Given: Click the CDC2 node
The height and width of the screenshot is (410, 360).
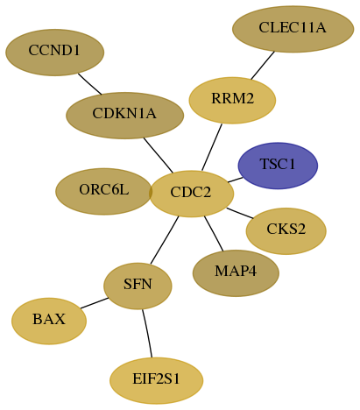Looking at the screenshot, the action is tap(192, 194).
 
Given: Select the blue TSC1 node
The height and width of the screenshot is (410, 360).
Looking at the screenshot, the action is tap(278, 166).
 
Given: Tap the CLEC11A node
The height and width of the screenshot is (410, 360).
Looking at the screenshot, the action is tap(293, 29).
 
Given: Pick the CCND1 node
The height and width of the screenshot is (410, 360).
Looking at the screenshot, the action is tap(54, 53).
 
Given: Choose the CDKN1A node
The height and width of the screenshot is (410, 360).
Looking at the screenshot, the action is tap(124, 116).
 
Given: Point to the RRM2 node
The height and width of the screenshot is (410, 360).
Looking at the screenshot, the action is tap(232, 100).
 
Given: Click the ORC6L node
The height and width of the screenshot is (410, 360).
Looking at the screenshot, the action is tap(103, 191).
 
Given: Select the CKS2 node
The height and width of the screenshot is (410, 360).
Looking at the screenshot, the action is tap(286, 231).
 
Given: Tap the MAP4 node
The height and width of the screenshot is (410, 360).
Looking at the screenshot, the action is tap(236, 273).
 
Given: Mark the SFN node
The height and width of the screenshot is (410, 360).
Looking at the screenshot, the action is tap(138, 286).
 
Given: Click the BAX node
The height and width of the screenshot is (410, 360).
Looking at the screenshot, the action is tap(49, 321).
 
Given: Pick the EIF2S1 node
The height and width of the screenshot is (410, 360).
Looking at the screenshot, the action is tap(156, 380).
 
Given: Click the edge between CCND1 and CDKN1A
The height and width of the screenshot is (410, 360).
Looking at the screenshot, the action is tap(89, 84).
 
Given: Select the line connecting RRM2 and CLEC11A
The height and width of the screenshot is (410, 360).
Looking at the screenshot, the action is tap(263, 65).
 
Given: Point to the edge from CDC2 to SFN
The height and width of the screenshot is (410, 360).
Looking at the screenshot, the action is tap(165, 240).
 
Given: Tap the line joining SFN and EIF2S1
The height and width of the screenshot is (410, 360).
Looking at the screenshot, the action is tap(147, 333).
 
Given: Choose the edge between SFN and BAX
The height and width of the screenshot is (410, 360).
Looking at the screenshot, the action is tap(95, 303).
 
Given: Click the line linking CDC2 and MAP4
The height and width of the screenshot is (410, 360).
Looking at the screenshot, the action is tap(214, 233).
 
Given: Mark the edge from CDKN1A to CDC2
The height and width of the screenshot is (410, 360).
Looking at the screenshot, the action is tap(159, 155).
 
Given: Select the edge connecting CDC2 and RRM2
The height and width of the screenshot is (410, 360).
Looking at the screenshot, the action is tap(212, 147).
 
